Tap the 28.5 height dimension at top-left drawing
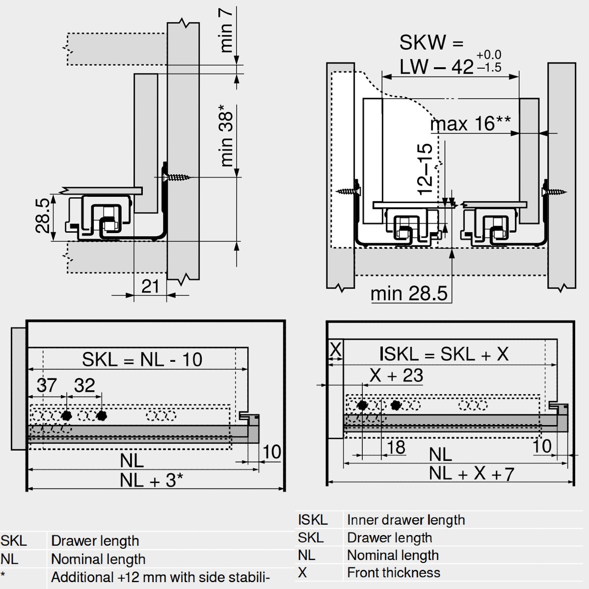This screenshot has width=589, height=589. [43, 215]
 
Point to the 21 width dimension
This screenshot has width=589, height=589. [150, 286]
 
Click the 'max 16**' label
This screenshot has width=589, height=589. [470, 124]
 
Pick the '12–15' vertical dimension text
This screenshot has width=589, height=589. [425, 169]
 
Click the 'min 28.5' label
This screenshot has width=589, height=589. [409, 294]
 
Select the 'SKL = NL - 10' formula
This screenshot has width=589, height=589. [142, 359]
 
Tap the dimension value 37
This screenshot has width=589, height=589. [47, 385]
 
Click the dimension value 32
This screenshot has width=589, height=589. [84, 385]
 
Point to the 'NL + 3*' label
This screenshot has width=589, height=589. [151, 480]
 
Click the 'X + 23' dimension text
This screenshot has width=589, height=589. [396, 375]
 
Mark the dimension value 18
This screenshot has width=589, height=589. [396, 447]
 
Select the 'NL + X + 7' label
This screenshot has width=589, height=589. [471, 474]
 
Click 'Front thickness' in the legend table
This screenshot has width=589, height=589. [393, 572]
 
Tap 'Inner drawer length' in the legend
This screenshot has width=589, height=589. [405, 520]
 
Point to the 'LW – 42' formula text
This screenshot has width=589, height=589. [436, 66]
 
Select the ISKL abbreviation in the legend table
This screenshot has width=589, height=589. [313, 520]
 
